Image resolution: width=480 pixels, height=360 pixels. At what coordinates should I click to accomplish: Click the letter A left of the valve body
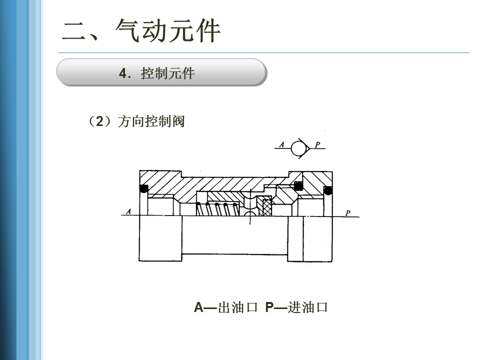[128, 211]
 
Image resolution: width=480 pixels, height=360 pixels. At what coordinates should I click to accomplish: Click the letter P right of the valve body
[348, 213]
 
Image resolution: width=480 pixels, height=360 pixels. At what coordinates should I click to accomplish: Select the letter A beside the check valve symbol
[281, 145]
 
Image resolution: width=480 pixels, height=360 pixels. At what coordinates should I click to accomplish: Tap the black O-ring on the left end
[143, 189]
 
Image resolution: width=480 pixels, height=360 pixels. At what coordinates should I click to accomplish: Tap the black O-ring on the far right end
[328, 190]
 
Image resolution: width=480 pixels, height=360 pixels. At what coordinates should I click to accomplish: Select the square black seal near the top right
[298, 186]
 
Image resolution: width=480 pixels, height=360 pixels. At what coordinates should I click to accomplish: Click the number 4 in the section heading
[122, 73]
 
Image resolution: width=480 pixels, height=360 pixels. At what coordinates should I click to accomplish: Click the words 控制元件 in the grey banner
[168, 73]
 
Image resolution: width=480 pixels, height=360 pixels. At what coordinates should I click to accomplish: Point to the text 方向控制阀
[151, 121]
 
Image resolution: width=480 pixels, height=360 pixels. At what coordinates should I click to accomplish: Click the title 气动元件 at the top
[168, 31]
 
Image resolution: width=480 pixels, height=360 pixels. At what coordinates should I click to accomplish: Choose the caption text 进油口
[308, 307]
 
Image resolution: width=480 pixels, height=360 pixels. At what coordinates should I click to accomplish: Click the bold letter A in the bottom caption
[198, 307]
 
